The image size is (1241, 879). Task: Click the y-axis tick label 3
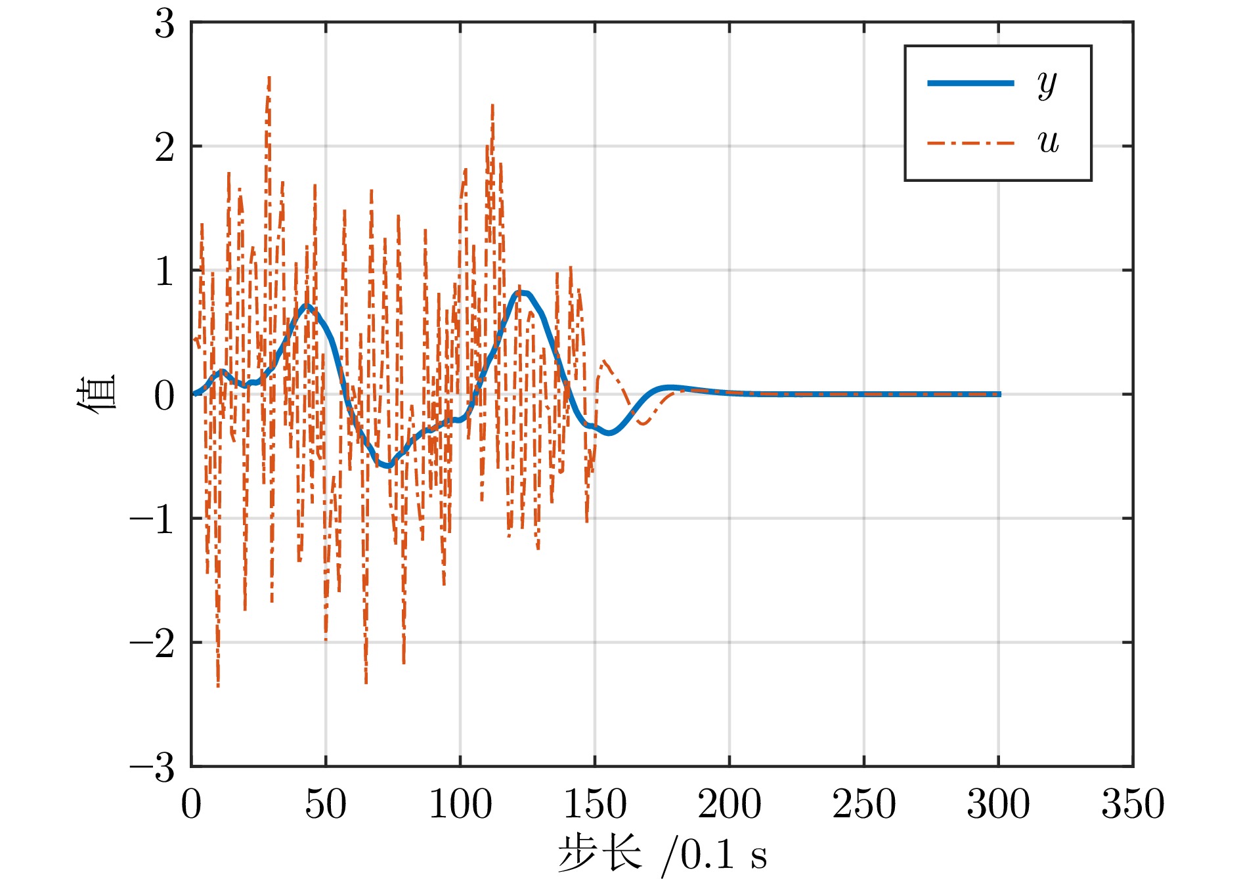[x=165, y=25]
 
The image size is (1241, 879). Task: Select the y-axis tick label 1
[x=165, y=271]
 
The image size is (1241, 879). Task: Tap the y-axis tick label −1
[x=152, y=519]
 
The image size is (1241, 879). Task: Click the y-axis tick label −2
[x=152, y=643]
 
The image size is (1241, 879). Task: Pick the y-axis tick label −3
[x=152, y=767]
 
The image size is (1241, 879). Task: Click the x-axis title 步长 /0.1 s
[x=662, y=854]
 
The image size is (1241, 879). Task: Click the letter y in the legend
[x=1047, y=84]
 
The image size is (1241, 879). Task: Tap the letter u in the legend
[x=1048, y=142]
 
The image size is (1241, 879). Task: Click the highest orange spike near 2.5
[x=269, y=79]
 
